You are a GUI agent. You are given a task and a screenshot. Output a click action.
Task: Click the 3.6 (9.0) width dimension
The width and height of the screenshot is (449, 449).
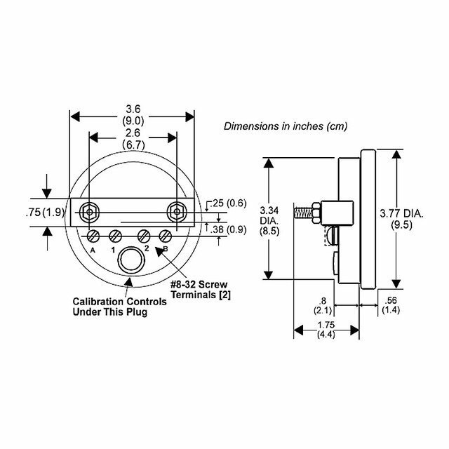pos(132,114)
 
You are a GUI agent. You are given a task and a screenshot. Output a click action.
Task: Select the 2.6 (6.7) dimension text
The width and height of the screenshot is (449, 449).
pos(132,138)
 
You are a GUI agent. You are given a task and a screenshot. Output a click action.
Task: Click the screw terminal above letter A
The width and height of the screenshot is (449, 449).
pos(93,235)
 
